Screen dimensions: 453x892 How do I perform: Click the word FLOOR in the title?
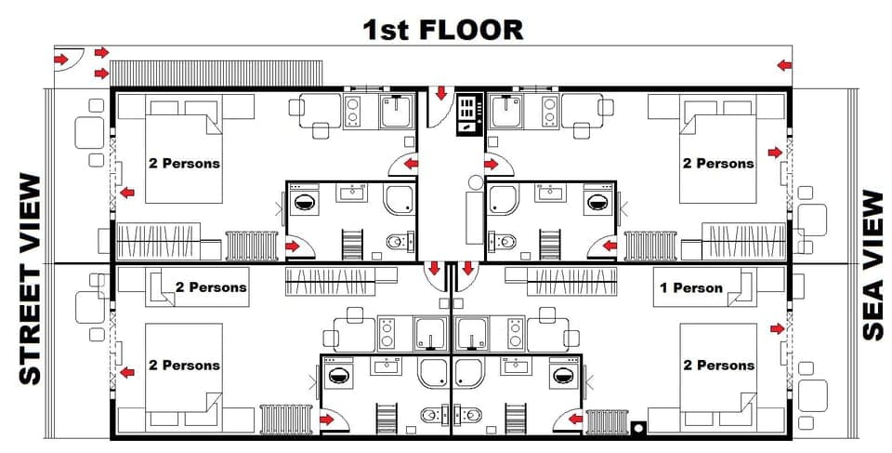pos(471,29)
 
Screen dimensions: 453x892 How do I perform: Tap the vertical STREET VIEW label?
pos(31,278)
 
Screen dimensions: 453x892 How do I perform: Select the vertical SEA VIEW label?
pos(872,265)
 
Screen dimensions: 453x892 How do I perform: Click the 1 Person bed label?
pos(690,287)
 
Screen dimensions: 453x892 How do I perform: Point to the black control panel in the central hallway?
pos(467,114)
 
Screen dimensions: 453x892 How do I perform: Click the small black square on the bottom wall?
pos(636,429)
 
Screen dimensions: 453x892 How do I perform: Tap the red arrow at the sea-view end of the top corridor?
pos(785,65)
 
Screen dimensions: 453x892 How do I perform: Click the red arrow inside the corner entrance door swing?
pos(61,60)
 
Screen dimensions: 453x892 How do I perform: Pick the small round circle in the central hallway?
pos(475,182)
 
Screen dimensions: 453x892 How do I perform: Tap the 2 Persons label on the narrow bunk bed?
pos(211,286)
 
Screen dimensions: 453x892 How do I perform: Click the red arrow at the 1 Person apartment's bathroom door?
pos(566,420)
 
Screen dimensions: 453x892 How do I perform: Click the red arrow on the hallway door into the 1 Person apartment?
pos(467,269)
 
